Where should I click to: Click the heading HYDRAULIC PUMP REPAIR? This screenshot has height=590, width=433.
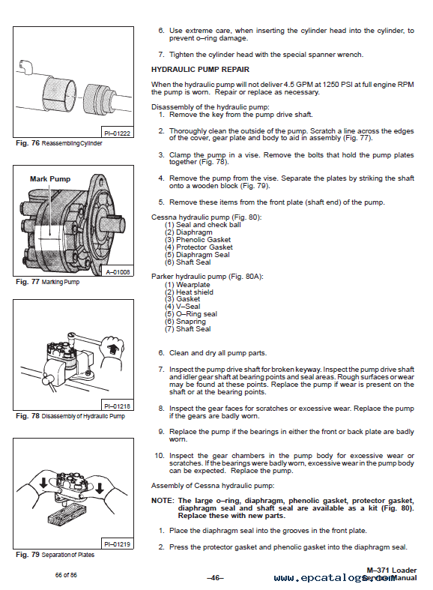click(200, 70)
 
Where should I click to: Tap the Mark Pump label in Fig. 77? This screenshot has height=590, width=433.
click(50, 179)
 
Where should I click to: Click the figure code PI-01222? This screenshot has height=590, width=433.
click(118, 133)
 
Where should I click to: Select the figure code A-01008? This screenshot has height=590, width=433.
click(118, 271)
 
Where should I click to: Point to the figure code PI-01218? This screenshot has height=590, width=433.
click(118, 406)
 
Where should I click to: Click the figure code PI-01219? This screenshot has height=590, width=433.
click(118, 544)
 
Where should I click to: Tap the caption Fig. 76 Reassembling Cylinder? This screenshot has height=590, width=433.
click(59, 143)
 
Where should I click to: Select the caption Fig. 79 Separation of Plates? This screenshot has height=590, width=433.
click(55, 555)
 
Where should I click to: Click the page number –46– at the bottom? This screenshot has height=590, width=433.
click(215, 577)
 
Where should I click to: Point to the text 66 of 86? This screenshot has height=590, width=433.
click(66, 575)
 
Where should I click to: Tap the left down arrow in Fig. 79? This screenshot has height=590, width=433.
click(43, 483)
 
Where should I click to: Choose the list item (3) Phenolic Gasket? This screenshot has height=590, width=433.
click(198, 240)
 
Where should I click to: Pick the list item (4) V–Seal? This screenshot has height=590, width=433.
click(182, 307)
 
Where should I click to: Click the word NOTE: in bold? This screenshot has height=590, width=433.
click(163, 501)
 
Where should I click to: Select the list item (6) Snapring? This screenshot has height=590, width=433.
click(185, 322)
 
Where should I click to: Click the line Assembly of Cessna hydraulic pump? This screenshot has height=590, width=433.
click(213, 486)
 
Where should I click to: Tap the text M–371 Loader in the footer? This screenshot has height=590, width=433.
click(392, 571)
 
